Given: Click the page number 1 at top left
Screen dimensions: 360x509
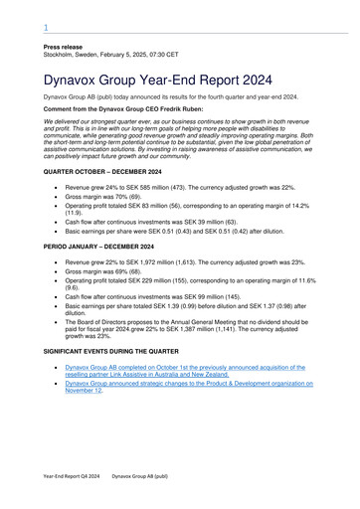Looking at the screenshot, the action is pyautogui.click(x=46, y=29).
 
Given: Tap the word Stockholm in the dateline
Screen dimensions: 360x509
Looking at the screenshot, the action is pyautogui.click(x=62, y=56).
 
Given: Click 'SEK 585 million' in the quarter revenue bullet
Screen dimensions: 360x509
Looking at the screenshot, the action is pyautogui.click(x=160, y=187).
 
